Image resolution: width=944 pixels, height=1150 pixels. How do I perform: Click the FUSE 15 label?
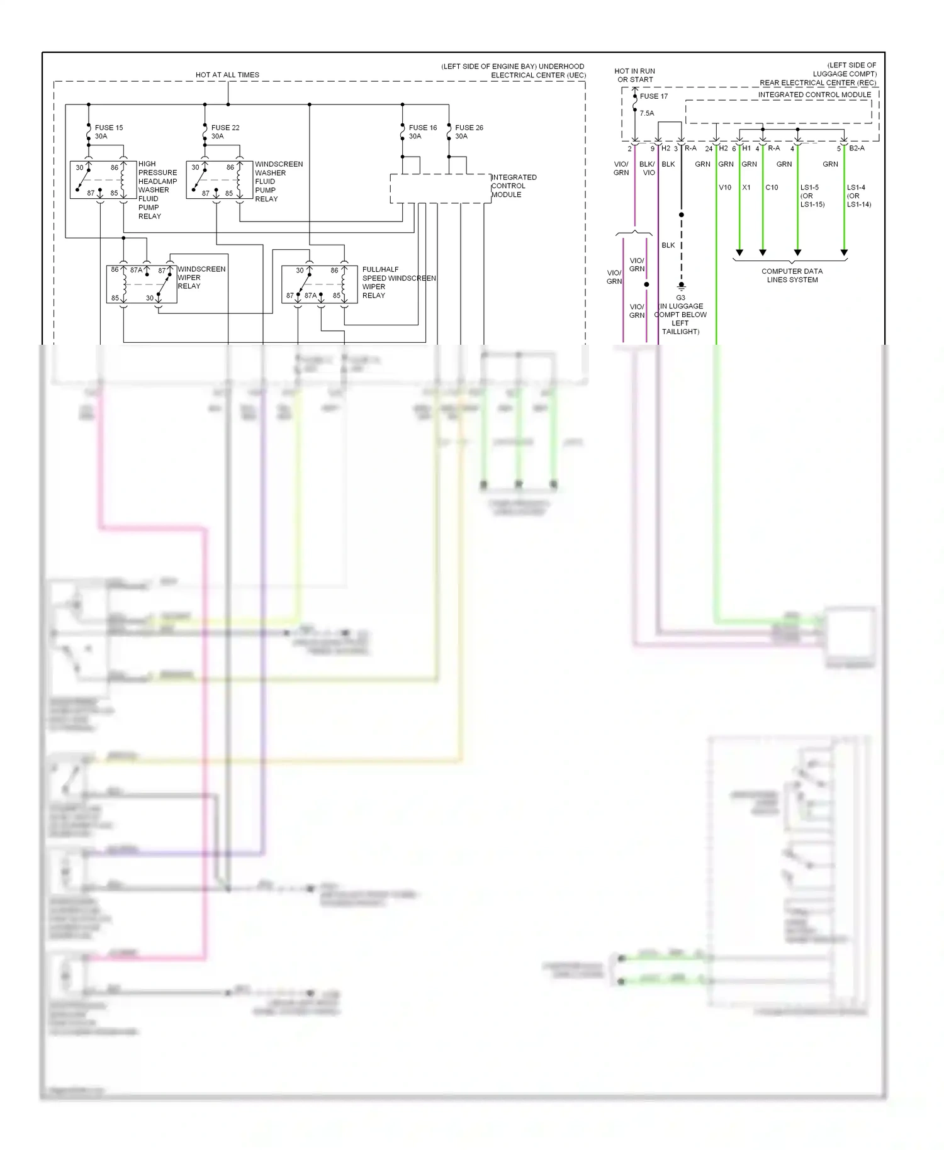point(109,128)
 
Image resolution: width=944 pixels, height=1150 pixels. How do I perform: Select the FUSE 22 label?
point(225,128)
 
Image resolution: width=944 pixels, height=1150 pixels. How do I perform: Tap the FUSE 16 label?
point(423,128)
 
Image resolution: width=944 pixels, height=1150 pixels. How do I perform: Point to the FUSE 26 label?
point(469,128)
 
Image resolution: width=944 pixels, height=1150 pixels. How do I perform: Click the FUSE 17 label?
point(654,96)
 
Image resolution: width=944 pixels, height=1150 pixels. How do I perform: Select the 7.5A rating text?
point(647,113)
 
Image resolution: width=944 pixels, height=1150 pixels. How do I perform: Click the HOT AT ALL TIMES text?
point(227,75)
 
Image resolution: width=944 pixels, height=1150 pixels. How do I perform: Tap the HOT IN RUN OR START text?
point(634,75)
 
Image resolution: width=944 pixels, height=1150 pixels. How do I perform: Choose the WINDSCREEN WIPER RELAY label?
point(201,277)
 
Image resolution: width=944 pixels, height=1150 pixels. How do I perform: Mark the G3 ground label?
point(680,298)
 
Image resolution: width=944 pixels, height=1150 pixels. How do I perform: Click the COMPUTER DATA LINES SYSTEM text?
point(792,276)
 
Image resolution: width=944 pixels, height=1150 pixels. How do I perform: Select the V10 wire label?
point(725,187)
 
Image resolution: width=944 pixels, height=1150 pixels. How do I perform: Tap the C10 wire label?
point(772,187)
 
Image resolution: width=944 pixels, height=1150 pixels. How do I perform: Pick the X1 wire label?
point(746,187)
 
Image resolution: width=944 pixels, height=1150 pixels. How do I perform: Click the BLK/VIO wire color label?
point(648,168)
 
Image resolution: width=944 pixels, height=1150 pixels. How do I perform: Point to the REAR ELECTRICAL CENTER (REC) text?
point(818,83)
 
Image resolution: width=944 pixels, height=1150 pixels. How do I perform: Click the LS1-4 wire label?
point(856,187)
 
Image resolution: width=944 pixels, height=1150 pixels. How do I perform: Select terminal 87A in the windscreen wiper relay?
point(136,270)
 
